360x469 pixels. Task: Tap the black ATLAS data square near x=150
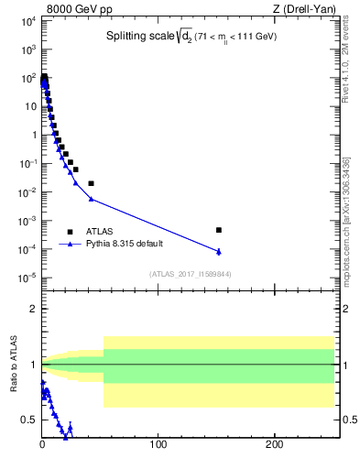[x=218, y=230]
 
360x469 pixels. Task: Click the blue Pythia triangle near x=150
[x=218, y=251]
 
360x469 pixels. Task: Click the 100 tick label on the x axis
[x=158, y=445]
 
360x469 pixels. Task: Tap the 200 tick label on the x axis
[x=275, y=445]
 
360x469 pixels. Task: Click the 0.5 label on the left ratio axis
[x=29, y=420]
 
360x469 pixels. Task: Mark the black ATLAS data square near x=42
[x=91, y=183]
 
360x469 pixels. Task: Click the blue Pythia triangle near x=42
[x=91, y=199]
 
